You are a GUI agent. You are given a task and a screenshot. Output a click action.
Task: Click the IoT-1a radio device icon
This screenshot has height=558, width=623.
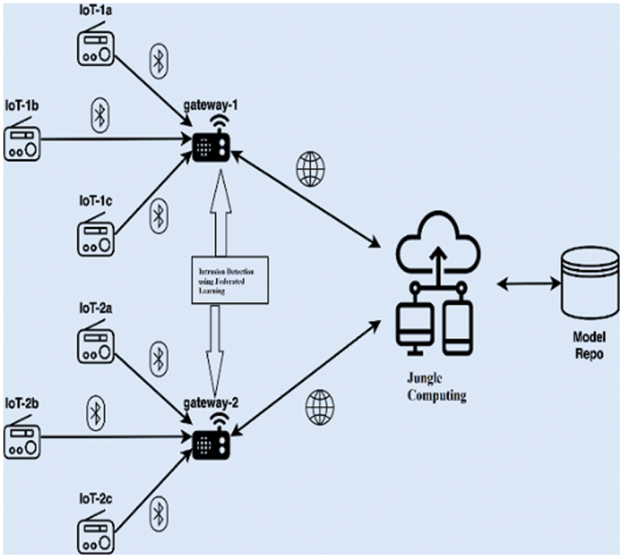[x=96, y=49]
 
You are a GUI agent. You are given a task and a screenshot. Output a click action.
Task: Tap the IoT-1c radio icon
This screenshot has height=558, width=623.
[x=96, y=236]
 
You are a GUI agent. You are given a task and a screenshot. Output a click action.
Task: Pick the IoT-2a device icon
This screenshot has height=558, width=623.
[x=96, y=344]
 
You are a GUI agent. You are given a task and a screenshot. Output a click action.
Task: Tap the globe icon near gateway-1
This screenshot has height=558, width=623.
[x=310, y=170]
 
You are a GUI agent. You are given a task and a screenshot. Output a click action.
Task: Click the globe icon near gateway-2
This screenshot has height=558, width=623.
[x=319, y=405]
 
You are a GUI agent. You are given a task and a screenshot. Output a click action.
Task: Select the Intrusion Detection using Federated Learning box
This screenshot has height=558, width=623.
[x=230, y=280]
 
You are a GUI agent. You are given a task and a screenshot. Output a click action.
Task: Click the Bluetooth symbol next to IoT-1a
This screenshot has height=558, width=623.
[x=158, y=60]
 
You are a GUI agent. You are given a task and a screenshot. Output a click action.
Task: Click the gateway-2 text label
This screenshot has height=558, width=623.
[x=211, y=401]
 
